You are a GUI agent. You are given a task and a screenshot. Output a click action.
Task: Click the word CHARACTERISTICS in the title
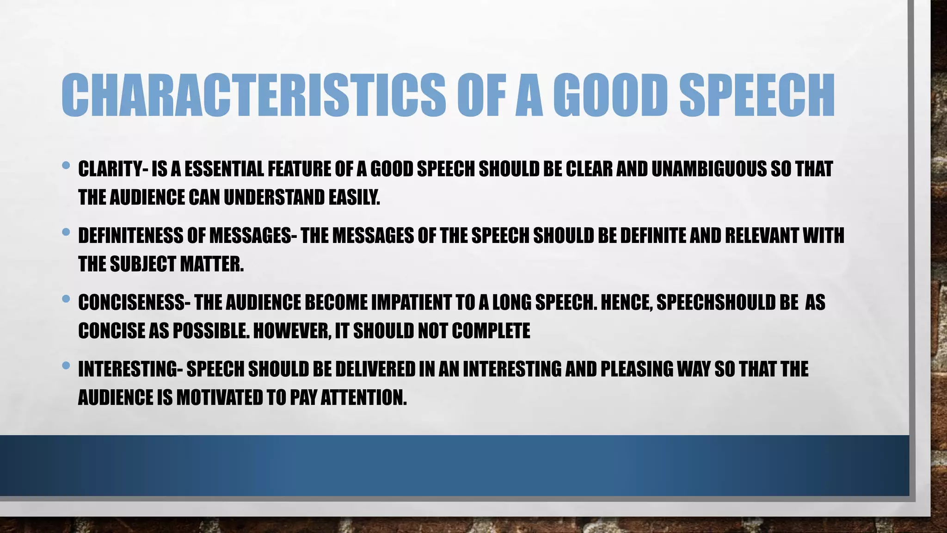(x=253, y=95)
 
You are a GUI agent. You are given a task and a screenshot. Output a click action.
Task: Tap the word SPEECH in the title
(x=757, y=95)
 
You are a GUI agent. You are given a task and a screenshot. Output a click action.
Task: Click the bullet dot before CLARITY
(x=66, y=165)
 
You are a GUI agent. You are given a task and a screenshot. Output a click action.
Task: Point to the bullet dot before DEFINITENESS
(x=66, y=231)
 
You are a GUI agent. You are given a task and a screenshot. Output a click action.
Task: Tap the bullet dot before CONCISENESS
(x=66, y=299)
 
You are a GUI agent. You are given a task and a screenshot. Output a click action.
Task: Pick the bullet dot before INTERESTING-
(x=66, y=366)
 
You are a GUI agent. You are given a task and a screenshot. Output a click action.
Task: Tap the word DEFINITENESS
(x=130, y=236)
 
